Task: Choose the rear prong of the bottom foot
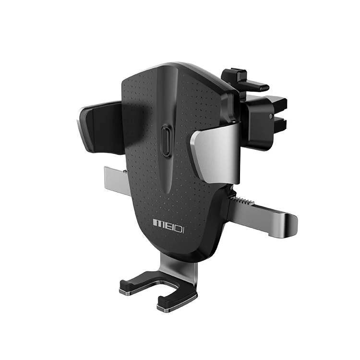click(x=137, y=285)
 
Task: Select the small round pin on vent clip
click(x=274, y=117)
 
